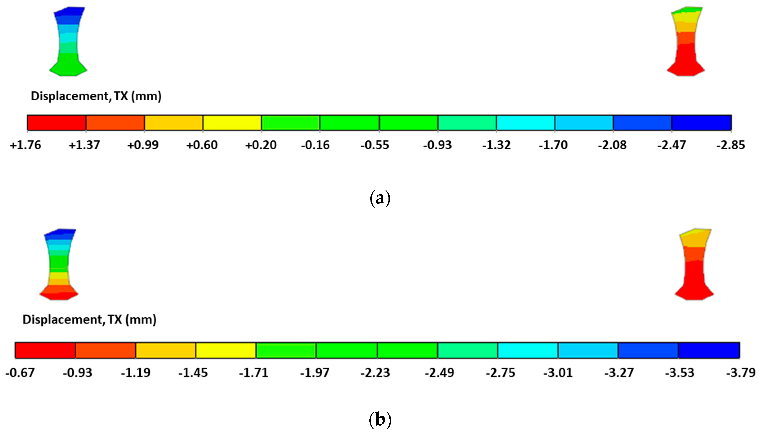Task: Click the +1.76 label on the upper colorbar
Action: (x=25, y=145)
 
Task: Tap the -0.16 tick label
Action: (x=315, y=145)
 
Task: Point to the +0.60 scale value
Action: (x=202, y=145)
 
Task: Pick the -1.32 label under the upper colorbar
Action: (x=496, y=145)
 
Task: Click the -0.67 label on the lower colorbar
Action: (x=20, y=373)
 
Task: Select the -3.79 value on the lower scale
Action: (x=741, y=373)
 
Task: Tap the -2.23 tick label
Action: (x=375, y=373)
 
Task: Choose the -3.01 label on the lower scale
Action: (x=558, y=373)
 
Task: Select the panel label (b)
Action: (x=380, y=420)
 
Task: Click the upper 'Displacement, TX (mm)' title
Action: (x=96, y=96)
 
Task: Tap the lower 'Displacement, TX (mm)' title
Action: (x=89, y=320)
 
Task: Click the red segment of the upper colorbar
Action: (x=57, y=123)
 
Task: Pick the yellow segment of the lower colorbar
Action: (x=226, y=350)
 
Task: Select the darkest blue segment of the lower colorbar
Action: (x=709, y=350)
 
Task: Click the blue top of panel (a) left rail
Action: (x=69, y=13)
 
